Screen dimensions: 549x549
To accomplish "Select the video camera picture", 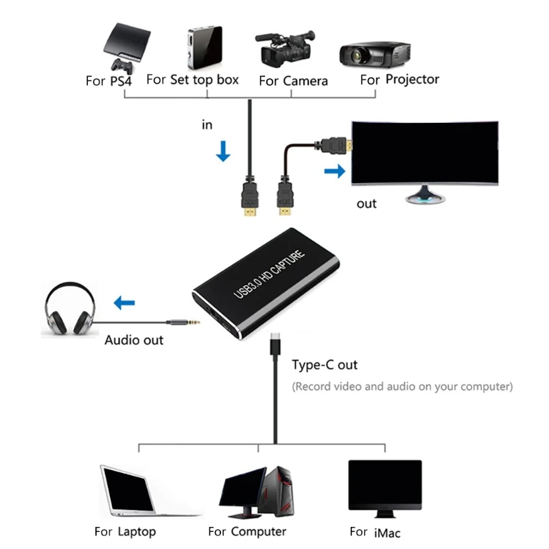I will (x=287, y=47).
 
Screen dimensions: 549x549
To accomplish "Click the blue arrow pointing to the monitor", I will (x=334, y=171).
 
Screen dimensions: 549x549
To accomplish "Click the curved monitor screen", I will (x=424, y=153).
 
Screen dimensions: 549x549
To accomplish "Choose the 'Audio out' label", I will (x=134, y=340).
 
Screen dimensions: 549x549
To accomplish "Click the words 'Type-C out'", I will (x=325, y=364).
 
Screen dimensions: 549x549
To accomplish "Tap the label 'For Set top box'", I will (x=192, y=80).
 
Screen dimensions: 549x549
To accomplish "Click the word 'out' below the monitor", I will (x=366, y=204).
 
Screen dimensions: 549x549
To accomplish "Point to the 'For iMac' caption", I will (x=375, y=532).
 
